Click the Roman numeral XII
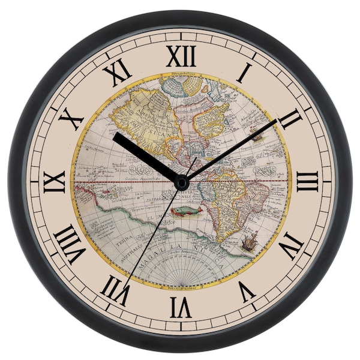click(181, 56)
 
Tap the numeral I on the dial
click(244, 73)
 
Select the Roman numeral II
click(290, 119)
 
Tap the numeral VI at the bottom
click(180, 307)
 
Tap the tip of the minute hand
click(277, 120)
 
